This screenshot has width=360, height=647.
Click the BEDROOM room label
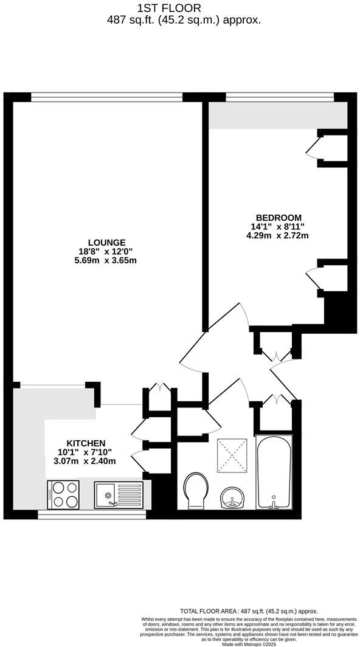tap(279, 218)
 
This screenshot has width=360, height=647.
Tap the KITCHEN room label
tap(86, 443)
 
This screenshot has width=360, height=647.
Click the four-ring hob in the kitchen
tap(63, 493)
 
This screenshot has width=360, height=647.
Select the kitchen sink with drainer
tap(119, 493)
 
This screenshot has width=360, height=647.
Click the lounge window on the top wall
tap(106, 96)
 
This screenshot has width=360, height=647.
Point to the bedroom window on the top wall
tap(279, 96)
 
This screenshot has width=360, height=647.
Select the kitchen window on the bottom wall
tap(92, 514)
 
